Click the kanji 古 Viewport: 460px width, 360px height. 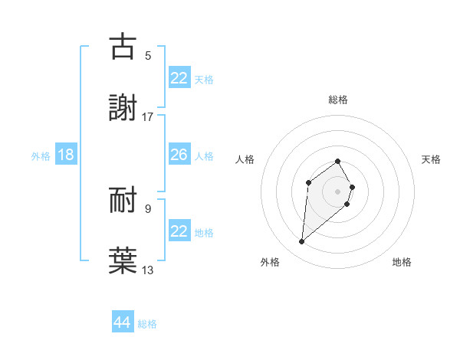[x=123, y=47]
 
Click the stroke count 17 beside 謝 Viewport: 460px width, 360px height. [x=148, y=117]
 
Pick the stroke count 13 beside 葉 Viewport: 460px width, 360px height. [x=148, y=270]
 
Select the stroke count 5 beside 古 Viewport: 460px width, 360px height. [x=148, y=56]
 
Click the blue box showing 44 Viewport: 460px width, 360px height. [x=123, y=322]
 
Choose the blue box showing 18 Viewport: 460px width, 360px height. [x=66, y=155]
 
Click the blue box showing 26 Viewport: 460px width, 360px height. [x=179, y=155]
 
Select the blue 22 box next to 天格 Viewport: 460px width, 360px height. [x=179, y=78]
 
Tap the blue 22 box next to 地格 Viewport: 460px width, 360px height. [x=179, y=231]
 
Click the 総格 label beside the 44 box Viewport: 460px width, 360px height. [x=147, y=324]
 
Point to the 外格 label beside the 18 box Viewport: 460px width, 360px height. [x=41, y=156]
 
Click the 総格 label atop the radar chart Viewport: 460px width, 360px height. [x=338, y=100]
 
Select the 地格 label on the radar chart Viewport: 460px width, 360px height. [x=402, y=262]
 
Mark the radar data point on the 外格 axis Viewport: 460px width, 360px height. [x=302, y=242]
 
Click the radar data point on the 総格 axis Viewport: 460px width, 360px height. [x=338, y=161]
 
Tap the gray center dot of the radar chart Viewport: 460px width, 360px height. [x=338, y=191]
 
